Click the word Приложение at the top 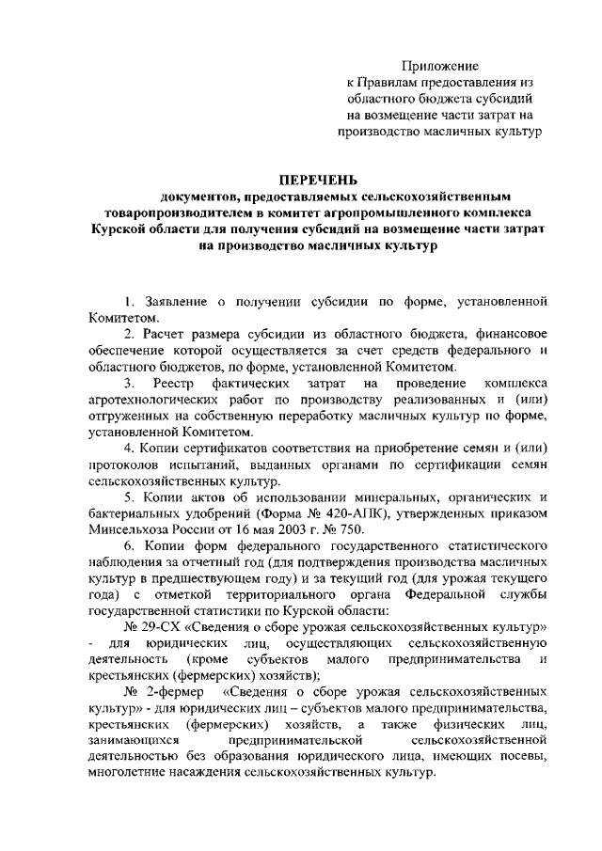tap(440, 66)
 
